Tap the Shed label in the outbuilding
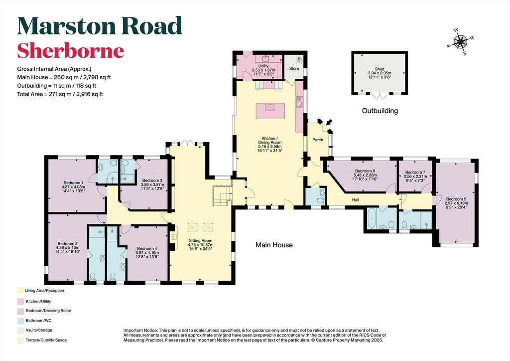(x=379, y=69)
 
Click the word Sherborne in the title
(x=71, y=50)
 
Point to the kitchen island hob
(x=270, y=107)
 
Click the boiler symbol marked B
(x=299, y=60)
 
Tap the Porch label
(x=318, y=140)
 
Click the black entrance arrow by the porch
(x=329, y=122)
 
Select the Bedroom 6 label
(x=365, y=171)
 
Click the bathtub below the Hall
(x=372, y=218)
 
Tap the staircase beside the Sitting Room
(x=222, y=195)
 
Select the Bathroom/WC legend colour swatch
(x=20, y=321)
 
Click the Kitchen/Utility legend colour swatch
(x=20, y=302)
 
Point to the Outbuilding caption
(x=380, y=111)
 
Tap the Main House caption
(x=274, y=245)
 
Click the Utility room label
(x=263, y=66)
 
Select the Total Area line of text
(x=60, y=94)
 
